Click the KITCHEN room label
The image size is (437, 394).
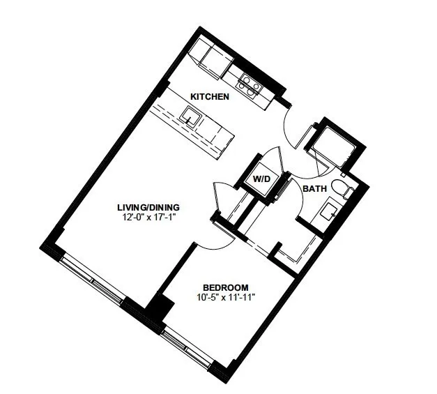pyautogui.click(x=210, y=96)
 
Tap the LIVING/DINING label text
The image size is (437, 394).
pyautogui.click(x=148, y=207)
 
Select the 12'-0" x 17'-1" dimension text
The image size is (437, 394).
pyautogui.click(x=148, y=217)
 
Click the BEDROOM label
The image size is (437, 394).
pyautogui.click(x=226, y=287)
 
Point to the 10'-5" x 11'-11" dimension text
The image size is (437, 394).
pyautogui.click(x=226, y=298)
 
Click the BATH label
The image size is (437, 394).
pyautogui.click(x=314, y=189)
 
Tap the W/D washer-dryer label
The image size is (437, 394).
pyautogui.click(x=261, y=179)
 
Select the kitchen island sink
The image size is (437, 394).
pyautogui.click(x=191, y=117)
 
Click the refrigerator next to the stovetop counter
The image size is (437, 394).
pyautogui.click(x=217, y=62)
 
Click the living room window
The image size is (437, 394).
pyautogui.click(x=92, y=280)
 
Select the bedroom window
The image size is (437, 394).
pyautogui.click(x=187, y=347)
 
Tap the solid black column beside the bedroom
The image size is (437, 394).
pyautogui.click(x=161, y=306)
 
